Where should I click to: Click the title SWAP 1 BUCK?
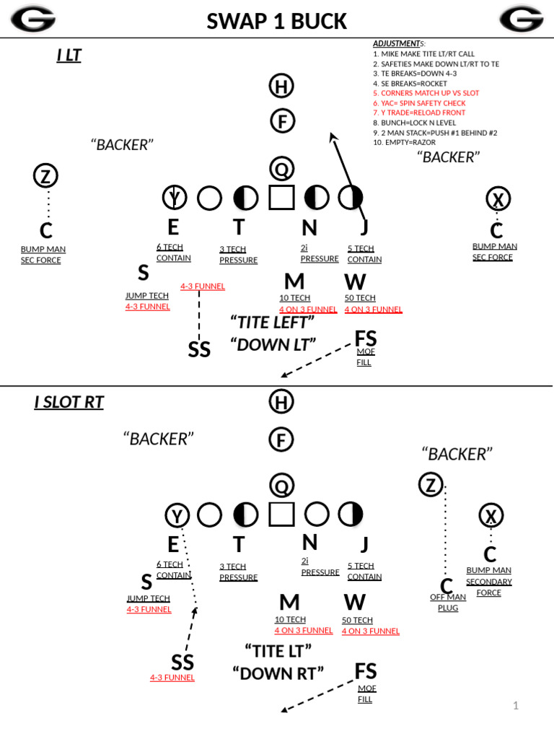(x=277, y=21)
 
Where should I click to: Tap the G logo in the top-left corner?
(x=32, y=19)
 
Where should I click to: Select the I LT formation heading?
(x=69, y=55)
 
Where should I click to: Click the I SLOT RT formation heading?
(x=69, y=402)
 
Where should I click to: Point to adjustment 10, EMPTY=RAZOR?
(x=404, y=142)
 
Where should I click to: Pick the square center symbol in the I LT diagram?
(x=281, y=197)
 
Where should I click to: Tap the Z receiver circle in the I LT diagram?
(x=46, y=175)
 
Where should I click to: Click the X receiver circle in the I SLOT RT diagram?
(x=491, y=515)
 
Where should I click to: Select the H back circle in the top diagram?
(x=281, y=87)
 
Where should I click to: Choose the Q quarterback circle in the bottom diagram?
(x=281, y=485)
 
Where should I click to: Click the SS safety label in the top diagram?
(x=199, y=349)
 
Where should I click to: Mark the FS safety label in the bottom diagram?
(x=366, y=671)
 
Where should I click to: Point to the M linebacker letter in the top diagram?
(x=294, y=281)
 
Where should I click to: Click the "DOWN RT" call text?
(x=278, y=673)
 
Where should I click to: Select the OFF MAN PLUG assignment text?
(x=448, y=602)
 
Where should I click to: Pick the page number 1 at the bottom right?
(x=516, y=705)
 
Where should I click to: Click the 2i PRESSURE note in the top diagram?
(x=319, y=253)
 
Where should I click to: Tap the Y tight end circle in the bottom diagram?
(x=177, y=515)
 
